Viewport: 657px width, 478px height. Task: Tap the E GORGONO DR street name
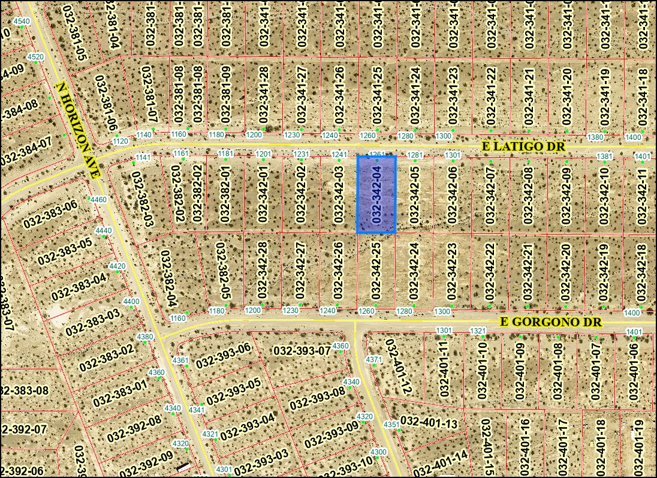[551, 323]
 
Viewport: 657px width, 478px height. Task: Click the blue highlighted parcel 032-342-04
[376, 195]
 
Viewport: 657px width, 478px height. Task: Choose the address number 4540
[22, 22]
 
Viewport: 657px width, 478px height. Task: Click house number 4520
[35, 57]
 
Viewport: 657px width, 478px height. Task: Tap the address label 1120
[120, 141]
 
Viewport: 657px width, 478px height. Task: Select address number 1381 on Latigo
[605, 157]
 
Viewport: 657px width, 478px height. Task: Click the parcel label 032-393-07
[302, 350]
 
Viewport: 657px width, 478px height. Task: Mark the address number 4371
[373, 359]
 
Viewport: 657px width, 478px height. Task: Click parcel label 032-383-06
[51, 214]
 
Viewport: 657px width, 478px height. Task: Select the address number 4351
[391, 425]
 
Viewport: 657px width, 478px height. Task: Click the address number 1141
[143, 157]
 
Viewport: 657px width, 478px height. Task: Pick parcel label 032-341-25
[377, 93]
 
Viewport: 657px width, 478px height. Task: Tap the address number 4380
[145, 336]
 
